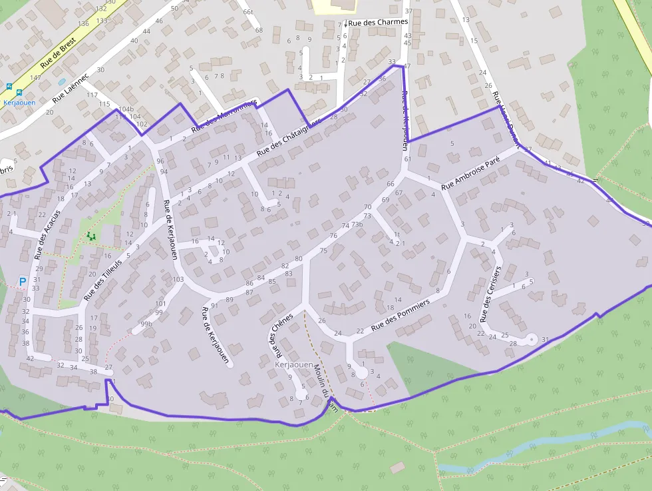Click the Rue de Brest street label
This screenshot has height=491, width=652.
(x=59, y=54)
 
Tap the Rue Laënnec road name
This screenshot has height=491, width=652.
(x=71, y=89)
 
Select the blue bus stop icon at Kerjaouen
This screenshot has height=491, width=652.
(x=9, y=86)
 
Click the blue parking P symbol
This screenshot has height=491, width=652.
(x=22, y=282)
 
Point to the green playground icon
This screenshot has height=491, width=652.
(x=90, y=235)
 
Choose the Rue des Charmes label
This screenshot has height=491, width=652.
(x=378, y=22)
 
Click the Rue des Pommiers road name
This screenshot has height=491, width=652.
(x=401, y=314)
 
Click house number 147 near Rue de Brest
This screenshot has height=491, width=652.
(x=35, y=78)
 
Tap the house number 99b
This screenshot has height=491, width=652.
(x=146, y=324)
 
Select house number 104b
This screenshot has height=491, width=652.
(x=126, y=109)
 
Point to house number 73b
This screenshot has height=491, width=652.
(x=357, y=225)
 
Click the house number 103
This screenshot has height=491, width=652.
(x=178, y=279)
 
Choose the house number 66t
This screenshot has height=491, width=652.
(x=248, y=12)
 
